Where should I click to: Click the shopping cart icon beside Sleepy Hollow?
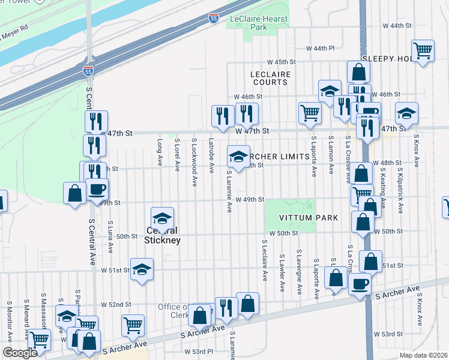[x=423, y=50]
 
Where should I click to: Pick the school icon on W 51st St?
[x=142, y=269]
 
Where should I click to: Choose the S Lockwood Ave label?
[x=194, y=155]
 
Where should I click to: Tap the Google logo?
[x=20, y=353]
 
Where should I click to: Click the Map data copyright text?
[x=423, y=355]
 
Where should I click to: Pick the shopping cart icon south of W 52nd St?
[x=133, y=326]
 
